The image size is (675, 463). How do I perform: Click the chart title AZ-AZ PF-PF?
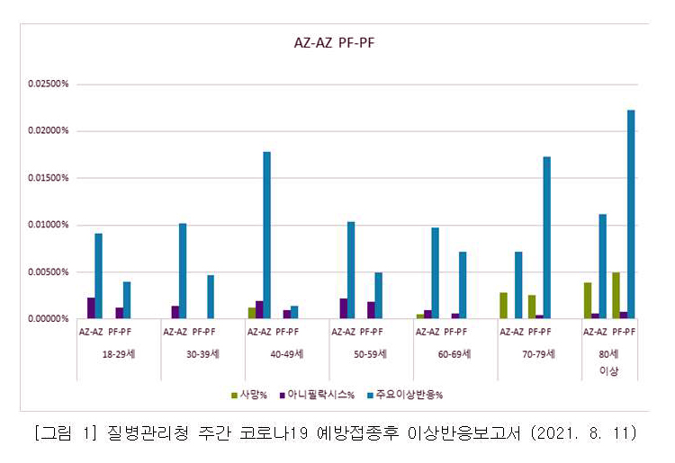[335, 42]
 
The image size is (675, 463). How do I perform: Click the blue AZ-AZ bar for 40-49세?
[266, 235]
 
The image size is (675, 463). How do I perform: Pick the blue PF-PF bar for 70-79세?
[546, 237]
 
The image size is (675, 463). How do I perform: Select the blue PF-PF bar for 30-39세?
[211, 297]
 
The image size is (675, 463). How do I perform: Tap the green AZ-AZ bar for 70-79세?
[503, 306]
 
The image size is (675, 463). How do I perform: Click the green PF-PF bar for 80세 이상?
[616, 296]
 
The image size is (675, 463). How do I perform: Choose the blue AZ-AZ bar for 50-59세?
[351, 270]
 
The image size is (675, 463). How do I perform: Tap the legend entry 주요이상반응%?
[409, 394]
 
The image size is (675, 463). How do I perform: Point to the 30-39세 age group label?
[202, 354]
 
